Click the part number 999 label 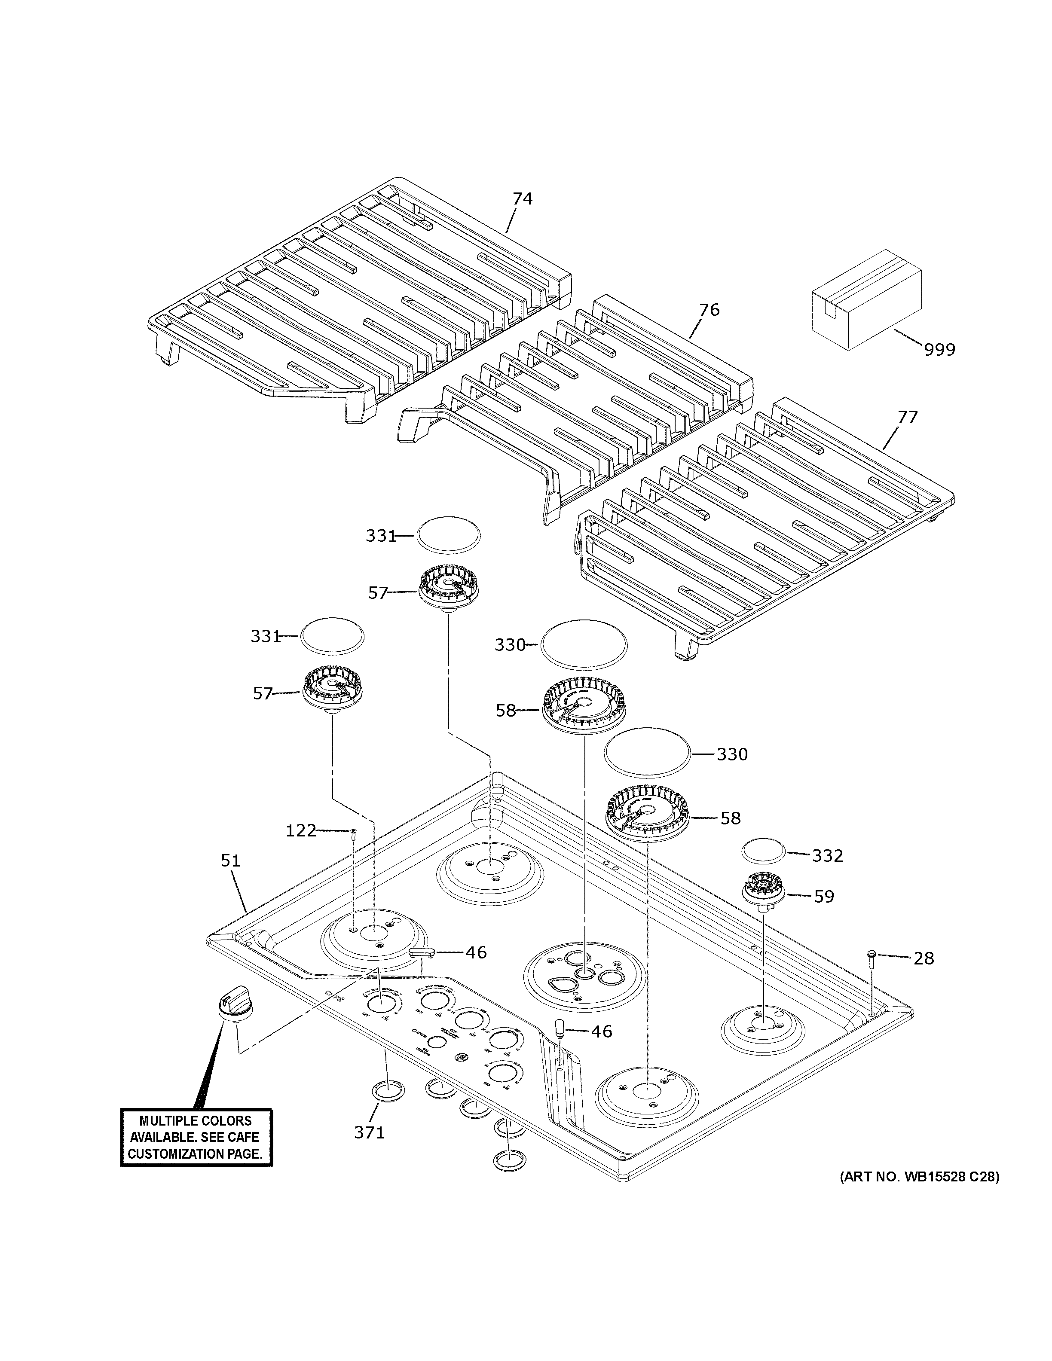click(x=939, y=350)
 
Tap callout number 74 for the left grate click(x=522, y=199)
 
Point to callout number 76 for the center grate click(x=709, y=310)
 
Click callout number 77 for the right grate click(x=908, y=416)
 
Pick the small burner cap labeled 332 click(x=763, y=851)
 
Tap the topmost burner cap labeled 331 click(x=449, y=534)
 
